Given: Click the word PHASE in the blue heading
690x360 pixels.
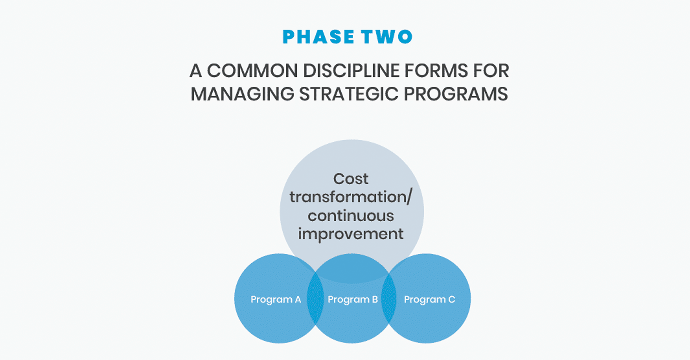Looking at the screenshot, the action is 318,37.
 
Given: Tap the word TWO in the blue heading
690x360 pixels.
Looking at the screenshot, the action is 387,37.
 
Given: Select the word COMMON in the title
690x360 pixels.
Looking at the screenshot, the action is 252,71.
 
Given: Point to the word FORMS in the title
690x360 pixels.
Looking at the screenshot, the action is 436,71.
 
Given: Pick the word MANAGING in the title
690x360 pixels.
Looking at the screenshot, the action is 242,94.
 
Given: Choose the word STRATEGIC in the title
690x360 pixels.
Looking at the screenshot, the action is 349,94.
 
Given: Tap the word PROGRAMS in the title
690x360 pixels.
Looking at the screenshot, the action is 456,94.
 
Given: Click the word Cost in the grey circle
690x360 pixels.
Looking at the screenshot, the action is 351,179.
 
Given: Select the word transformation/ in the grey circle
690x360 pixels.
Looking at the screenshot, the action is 351,197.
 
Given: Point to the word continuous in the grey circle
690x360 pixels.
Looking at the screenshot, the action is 351,216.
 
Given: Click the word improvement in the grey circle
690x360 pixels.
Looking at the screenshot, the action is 351,234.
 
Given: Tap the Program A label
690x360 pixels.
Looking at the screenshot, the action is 276,300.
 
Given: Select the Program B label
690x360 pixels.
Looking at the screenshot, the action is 353,300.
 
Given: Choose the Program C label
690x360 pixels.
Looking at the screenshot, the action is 429,300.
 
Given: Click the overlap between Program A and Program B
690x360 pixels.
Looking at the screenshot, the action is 315,298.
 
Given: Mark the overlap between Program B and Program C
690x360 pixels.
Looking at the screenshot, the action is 389,298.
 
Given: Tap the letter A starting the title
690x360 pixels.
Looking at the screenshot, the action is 195,71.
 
